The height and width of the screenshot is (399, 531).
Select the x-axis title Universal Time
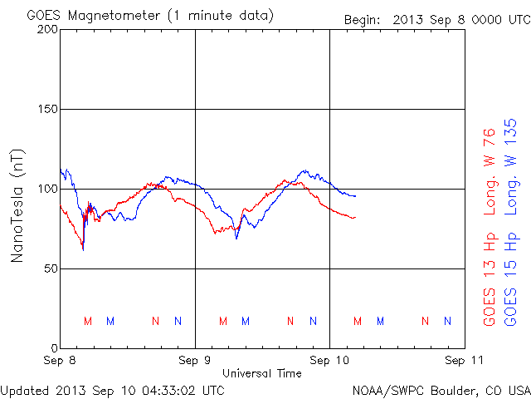click(x=261, y=373)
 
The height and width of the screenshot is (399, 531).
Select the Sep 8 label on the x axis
click(x=60, y=362)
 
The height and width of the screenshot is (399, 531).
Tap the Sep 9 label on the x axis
click(x=195, y=362)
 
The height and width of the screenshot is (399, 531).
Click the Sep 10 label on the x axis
click(x=329, y=362)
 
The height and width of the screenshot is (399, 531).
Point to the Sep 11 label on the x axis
click(x=465, y=362)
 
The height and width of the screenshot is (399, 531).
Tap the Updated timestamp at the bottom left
click(x=112, y=389)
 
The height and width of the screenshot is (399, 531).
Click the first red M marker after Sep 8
click(x=87, y=321)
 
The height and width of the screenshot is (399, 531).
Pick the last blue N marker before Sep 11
click(x=447, y=321)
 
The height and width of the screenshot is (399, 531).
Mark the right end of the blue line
click(x=355, y=196)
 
